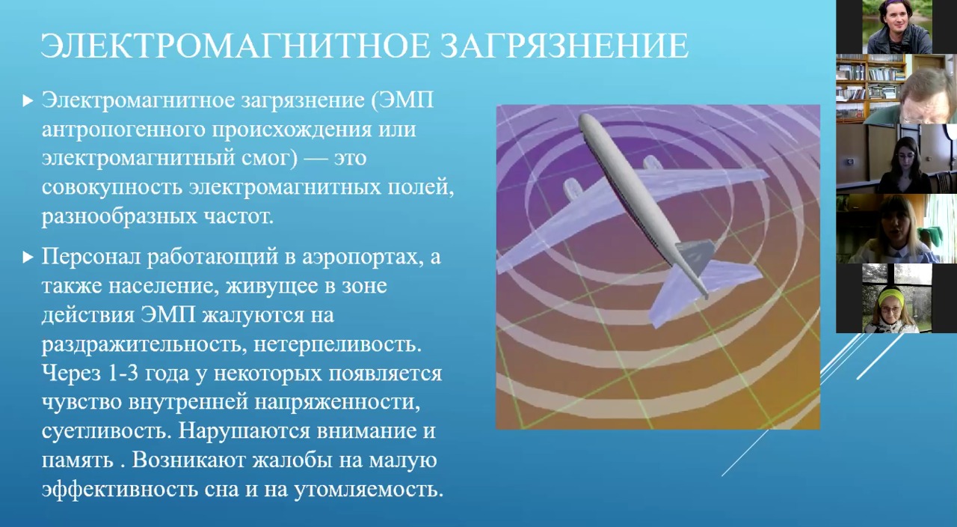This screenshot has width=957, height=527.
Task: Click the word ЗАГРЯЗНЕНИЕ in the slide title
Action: [564, 46]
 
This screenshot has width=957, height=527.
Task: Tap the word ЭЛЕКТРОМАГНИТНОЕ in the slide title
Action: [235, 46]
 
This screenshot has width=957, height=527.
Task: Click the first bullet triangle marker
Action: [28, 101]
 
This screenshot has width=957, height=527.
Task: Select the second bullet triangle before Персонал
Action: [28, 257]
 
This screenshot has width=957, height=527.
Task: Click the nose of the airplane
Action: [585, 119]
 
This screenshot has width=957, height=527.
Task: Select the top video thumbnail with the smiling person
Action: [896, 26]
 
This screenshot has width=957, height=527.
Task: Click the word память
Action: [78, 461]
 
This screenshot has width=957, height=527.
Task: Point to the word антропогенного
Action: [123, 130]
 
